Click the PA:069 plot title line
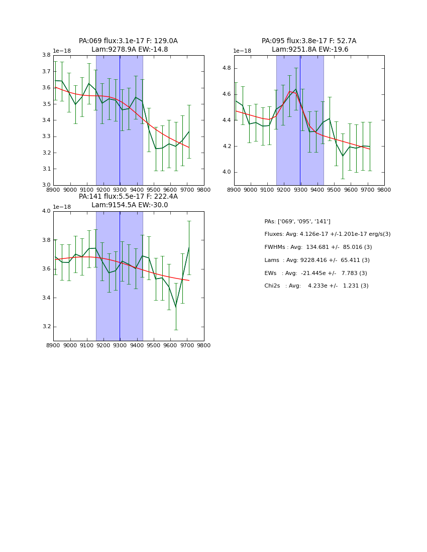pyautogui.click(x=128, y=41)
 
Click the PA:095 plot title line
pyautogui.click(x=309, y=41)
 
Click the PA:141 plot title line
pyautogui.click(x=128, y=197)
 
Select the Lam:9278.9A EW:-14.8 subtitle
pyautogui.click(x=130, y=50)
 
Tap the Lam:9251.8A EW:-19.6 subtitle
pyautogui.click(x=310, y=50)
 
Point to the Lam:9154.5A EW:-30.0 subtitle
pyautogui.click(x=130, y=205)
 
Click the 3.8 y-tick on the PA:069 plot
pyautogui.click(x=46, y=55)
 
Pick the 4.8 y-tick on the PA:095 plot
pyautogui.click(x=227, y=68)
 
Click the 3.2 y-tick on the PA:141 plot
pyautogui.click(x=46, y=327)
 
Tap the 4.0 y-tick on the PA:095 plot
pyautogui.click(x=227, y=172)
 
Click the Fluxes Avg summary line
pyautogui.click(x=327, y=234)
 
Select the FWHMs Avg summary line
pyautogui.click(x=318, y=247)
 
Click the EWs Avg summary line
pyautogui.click(x=315, y=273)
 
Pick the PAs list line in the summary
pyautogui.click(x=297, y=221)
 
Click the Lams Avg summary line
pyautogui.click(x=317, y=260)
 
